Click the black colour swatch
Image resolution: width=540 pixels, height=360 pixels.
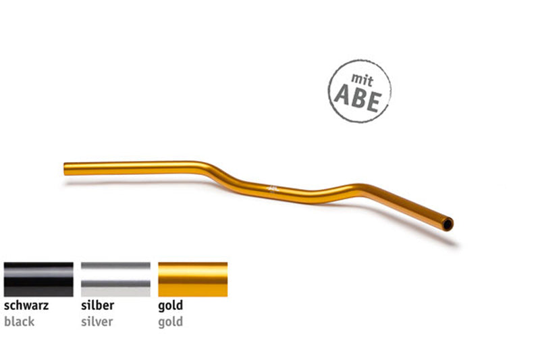[x=38, y=280]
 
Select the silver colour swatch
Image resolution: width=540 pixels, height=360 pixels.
[x=115, y=280]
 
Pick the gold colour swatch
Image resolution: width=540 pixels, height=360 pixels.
[x=192, y=280]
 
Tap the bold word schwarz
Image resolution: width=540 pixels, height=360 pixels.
[x=26, y=306]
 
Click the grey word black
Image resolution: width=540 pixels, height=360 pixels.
[x=19, y=322]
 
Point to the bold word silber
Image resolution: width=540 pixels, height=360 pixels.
[x=98, y=306]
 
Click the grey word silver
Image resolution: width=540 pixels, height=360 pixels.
[x=97, y=322]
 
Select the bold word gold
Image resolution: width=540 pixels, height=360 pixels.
[x=170, y=306]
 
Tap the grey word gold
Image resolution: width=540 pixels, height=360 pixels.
[x=170, y=322]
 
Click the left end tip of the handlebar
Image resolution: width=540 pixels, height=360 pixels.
[x=66, y=168]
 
